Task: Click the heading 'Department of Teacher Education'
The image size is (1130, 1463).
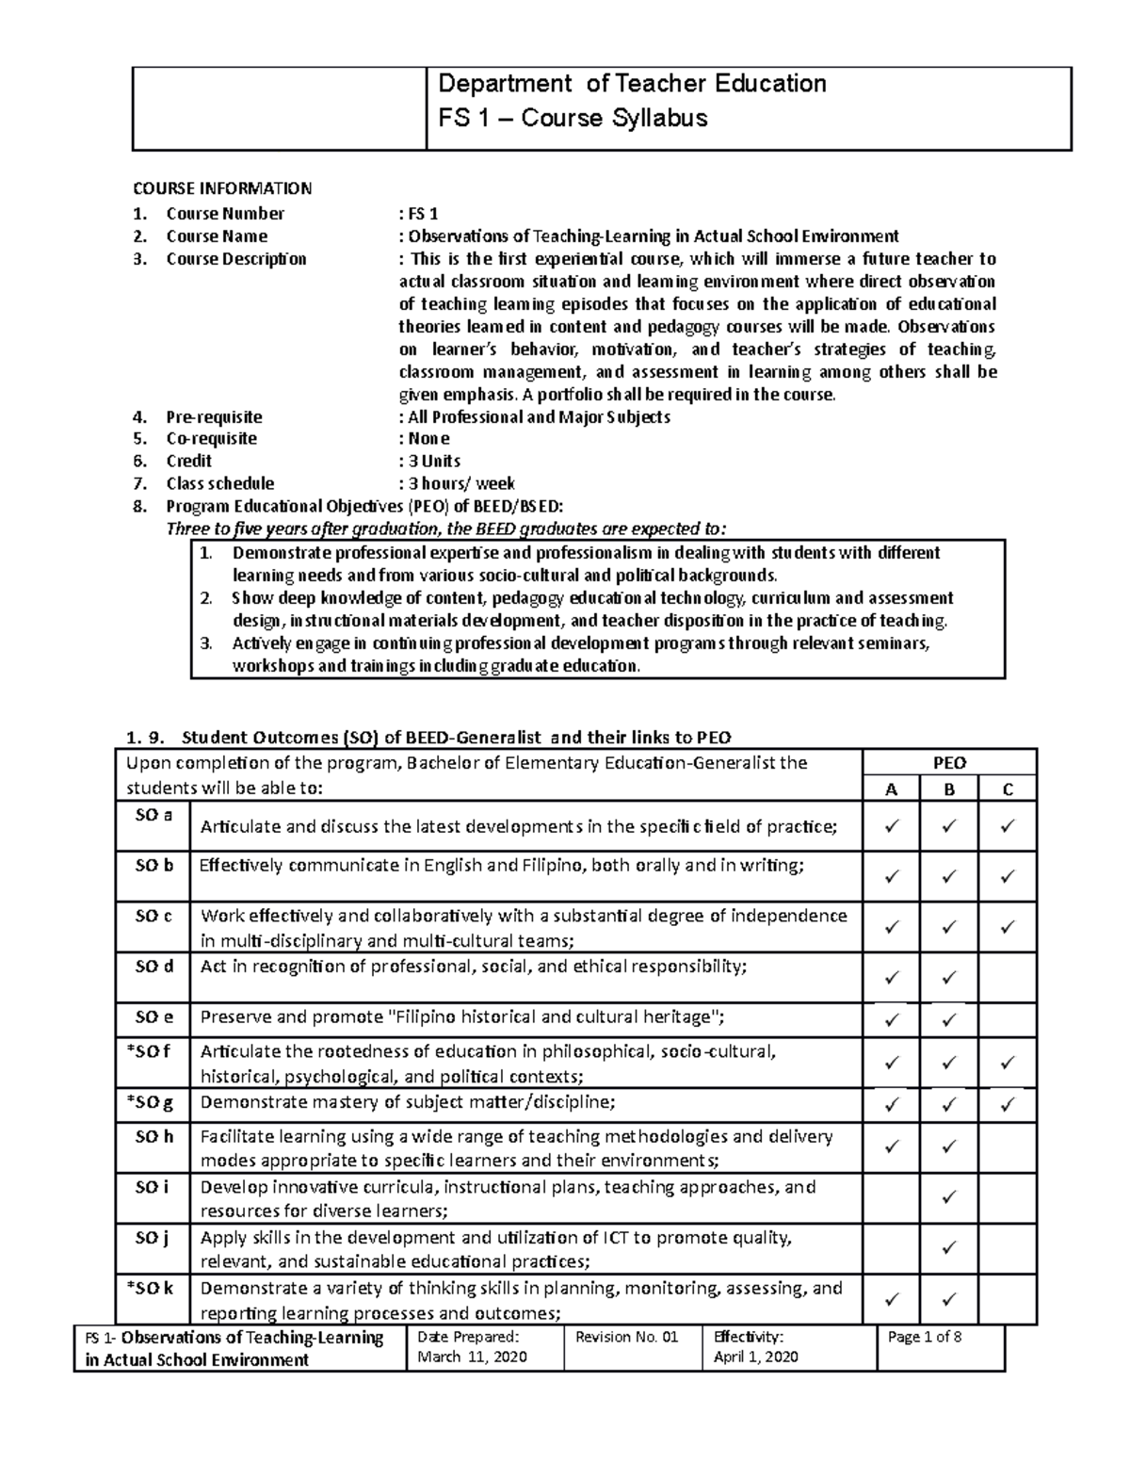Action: [632, 84]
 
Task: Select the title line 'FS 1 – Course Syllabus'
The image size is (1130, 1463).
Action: [573, 118]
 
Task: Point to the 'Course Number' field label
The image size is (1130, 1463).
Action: [225, 214]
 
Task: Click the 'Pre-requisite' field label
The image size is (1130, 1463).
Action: [214, 416]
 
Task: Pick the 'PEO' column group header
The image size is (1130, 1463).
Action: [948, 763]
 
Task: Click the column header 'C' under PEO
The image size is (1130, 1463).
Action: [1007, 789]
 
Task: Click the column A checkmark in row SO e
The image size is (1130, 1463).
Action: [891, 1019]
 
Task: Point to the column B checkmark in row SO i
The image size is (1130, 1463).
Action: [948, 1198]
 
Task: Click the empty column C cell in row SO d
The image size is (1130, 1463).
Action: [1007, 977]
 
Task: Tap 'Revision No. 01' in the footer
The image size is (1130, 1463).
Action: [626, 1336]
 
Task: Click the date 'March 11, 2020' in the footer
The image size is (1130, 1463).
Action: [473, 1357]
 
